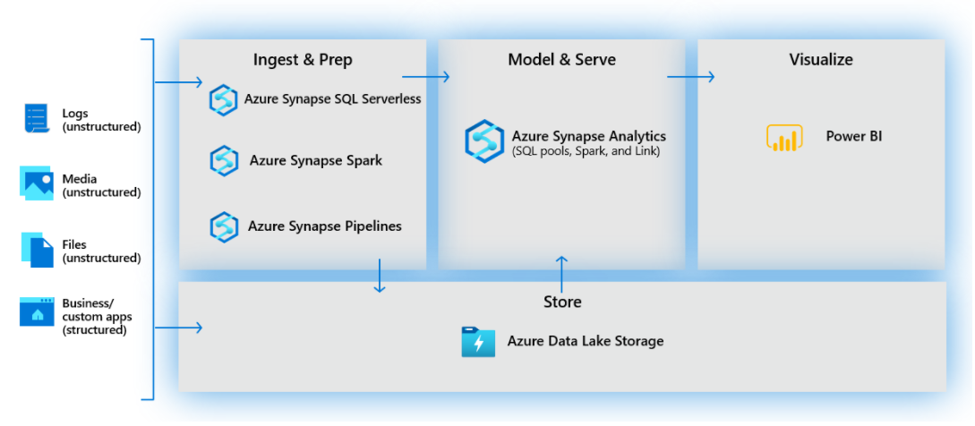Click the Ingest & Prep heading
303,60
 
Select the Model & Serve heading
561,60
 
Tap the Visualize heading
820,60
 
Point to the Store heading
562,302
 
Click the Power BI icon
784,138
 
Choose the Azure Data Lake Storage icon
478,342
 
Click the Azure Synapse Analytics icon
483,141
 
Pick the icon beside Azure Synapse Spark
224,161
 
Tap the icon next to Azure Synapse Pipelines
223,226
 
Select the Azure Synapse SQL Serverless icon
223,99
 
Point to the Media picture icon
37,183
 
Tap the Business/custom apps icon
37,311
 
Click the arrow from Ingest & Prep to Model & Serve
425,77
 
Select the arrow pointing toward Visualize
690,77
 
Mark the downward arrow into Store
380,276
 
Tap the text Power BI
854,137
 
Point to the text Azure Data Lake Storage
586,341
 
